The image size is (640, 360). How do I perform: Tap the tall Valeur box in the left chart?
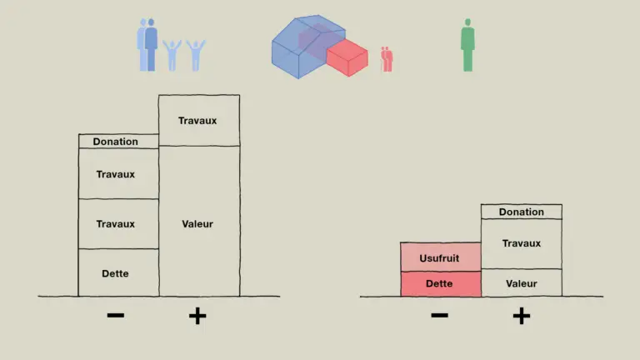tap(199, 221)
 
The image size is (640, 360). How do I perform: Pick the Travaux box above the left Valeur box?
tap(199, 120)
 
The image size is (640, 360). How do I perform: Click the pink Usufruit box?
tap(441, 257)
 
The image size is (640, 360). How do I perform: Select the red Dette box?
tap(441, 283)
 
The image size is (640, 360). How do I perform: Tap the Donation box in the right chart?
tap(522, 212)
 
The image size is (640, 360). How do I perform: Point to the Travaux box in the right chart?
tap(522, 243)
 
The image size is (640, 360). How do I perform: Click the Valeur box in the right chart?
tap(522, 282)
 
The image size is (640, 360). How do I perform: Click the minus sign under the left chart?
tap(116, 315)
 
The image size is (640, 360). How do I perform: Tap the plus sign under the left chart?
tap(197, 316)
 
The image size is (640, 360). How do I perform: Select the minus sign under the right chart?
tap(440, 315)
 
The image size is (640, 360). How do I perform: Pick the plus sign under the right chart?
tap(522, 316)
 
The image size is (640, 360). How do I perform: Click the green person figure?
tap(467, 45)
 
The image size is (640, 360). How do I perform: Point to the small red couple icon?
tap(387, 60)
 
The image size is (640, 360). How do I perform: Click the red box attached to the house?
tap(347, 57)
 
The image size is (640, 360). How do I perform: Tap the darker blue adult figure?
tap(151, 45)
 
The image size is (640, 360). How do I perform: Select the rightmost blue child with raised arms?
tap(196, 56)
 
